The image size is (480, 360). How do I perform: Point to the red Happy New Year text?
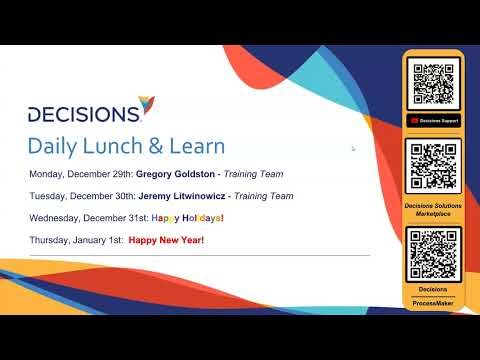[167, 241]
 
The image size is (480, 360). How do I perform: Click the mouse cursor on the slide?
[353, 149]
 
